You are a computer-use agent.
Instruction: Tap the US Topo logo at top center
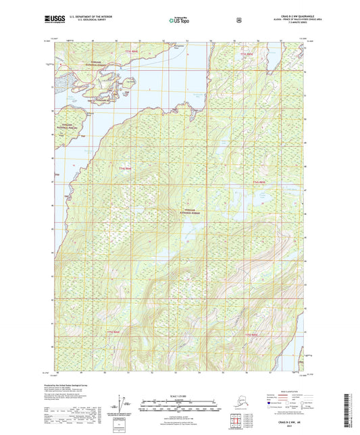click(x=179, y=20)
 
